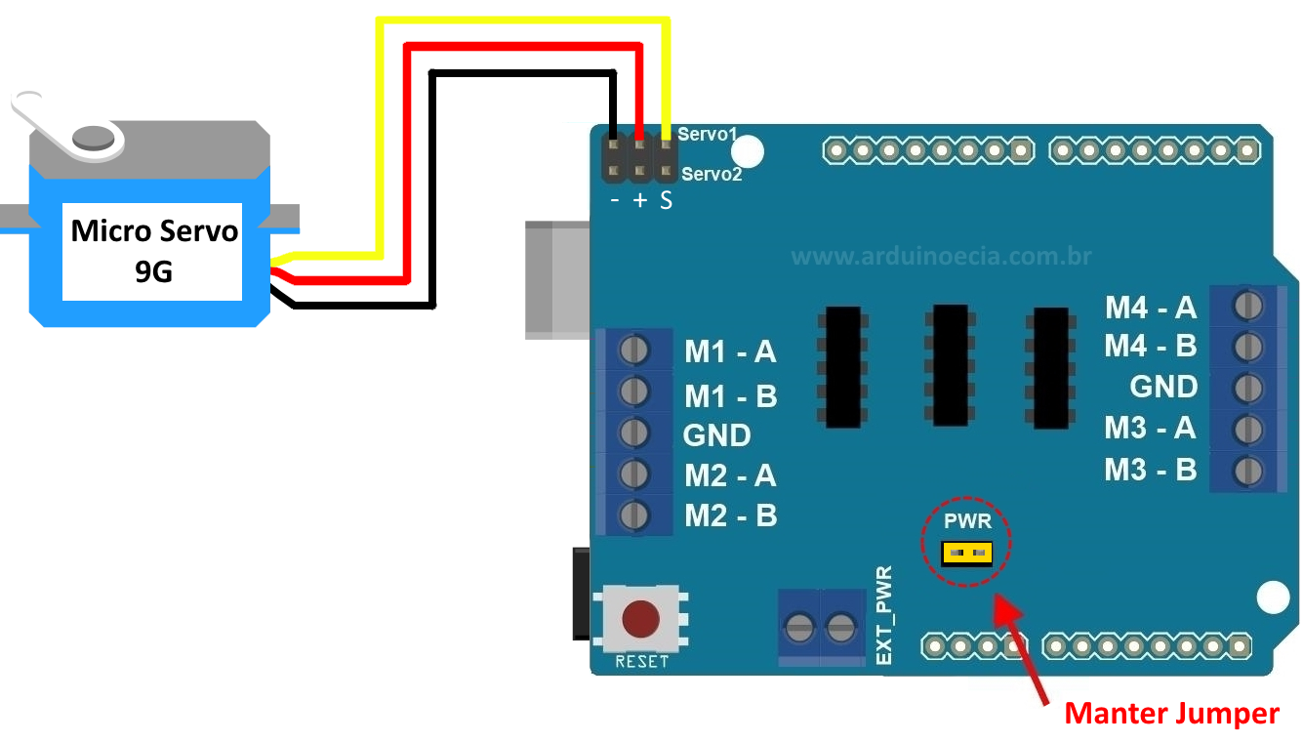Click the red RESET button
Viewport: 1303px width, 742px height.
click(x=640, y=618)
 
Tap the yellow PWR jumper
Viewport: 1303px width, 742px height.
click(x=966, y=554)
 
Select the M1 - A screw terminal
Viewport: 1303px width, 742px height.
click(x=634, y=350)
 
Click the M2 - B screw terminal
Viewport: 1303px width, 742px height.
click(x=634, y=514)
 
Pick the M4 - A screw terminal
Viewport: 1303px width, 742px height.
click(x=1246, y=306)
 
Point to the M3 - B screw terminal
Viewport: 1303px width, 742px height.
click(x=1246, y=471)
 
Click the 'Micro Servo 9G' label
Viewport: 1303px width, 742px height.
click(x=153, y=251)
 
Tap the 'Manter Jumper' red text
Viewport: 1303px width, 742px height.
click(x=1170, y=714)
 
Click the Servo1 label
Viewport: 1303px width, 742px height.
click(x=708, y=134)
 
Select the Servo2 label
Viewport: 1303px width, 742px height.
click(x=712, y=175)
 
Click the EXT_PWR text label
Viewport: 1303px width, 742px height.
click(x=884, y=616)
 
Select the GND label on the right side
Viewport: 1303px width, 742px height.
click(x=1162, y=387)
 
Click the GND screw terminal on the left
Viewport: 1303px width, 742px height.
click(x=634, y=433)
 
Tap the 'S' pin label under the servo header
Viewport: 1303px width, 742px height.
click(x=666, y=201)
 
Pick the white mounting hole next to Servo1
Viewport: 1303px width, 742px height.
click(x=747, y=150)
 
